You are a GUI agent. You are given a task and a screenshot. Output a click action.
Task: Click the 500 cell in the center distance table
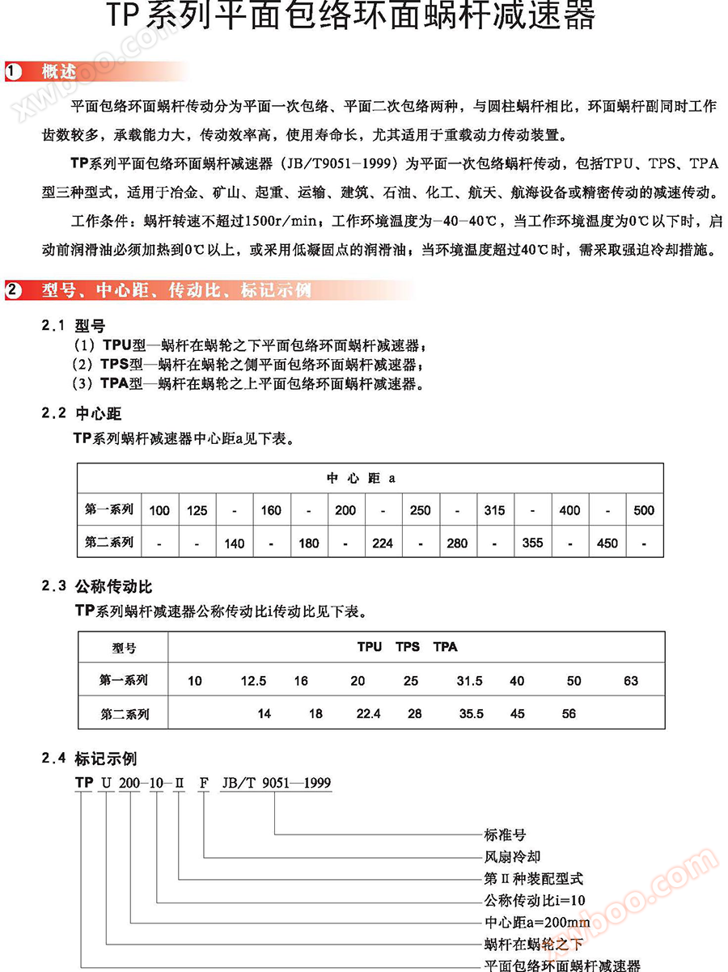[x=644, y=510]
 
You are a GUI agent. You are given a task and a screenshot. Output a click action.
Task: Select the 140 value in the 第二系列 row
[x=234, y=543]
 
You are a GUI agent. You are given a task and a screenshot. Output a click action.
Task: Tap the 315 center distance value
[x=494, y=510]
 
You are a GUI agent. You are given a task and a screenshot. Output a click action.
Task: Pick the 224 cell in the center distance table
[x=383, y=543]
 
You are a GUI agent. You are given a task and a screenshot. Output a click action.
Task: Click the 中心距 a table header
[x=361, y=478]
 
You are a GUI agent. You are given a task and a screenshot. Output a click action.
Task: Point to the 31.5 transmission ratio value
[x=469, y=681]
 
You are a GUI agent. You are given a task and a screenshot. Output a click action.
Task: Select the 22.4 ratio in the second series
[x=368, y=714]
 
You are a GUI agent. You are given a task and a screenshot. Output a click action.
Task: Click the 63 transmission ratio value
[x=631, y=681]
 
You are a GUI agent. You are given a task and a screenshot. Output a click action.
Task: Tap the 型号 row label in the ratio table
[x=124, y=648]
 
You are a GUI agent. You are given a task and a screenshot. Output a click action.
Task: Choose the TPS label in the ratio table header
[x=408, y=647]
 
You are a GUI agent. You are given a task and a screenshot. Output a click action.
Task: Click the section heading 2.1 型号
[x=74, y=326]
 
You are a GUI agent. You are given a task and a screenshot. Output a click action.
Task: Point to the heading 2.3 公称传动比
[x=97, y=587]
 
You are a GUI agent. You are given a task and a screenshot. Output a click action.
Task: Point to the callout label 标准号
[x=505, y=835]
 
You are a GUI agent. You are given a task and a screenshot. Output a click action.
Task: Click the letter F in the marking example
[x=204, y=783]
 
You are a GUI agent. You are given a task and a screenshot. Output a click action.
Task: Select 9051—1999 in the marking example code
[x=297, y=783]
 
